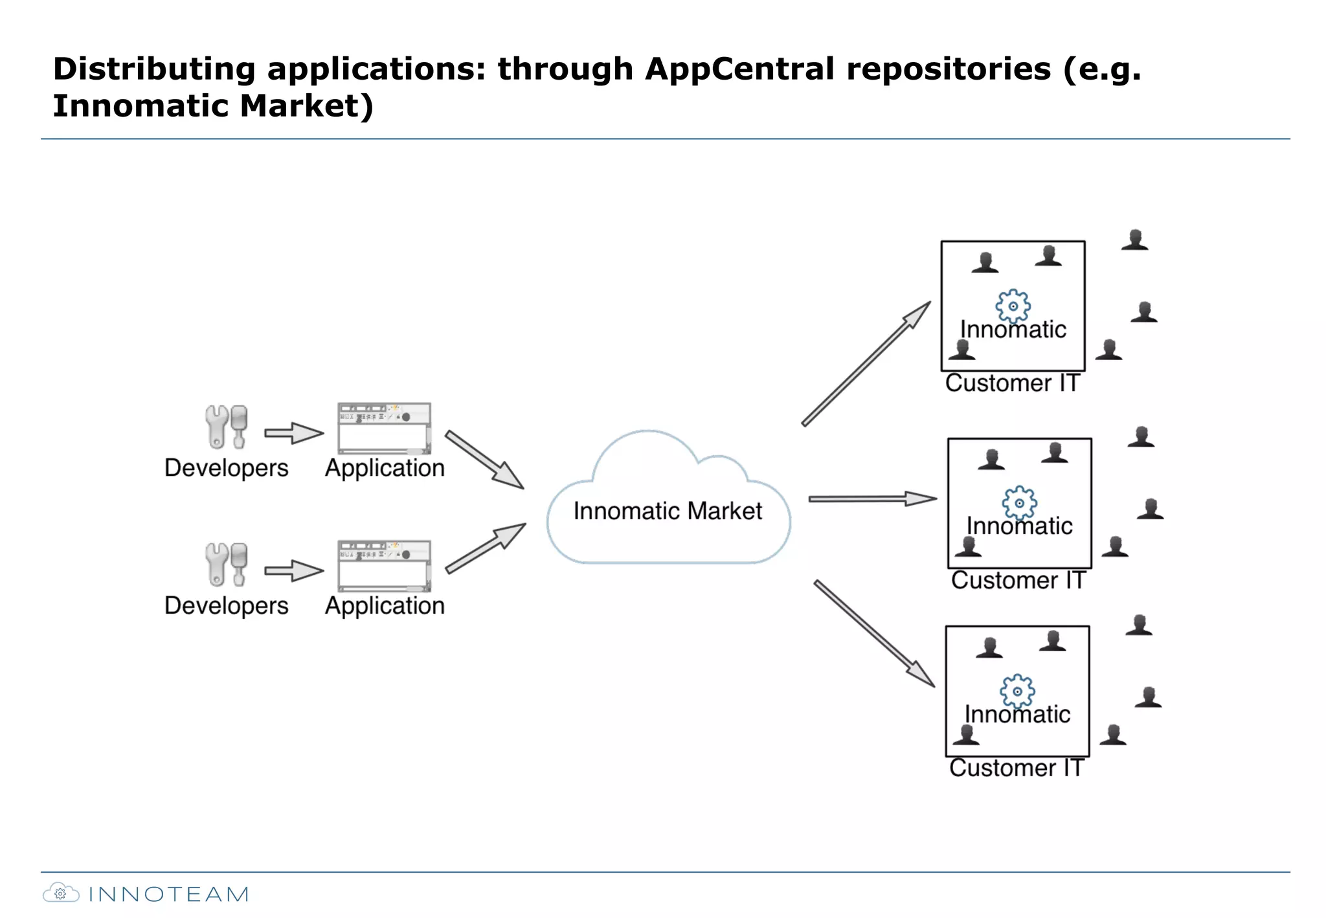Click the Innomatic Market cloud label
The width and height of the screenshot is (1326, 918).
pos(668,511)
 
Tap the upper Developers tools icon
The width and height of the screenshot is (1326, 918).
pos(227,427)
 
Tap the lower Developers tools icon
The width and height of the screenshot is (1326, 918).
pos(227,565)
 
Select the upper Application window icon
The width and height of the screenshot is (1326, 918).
pos(384,429)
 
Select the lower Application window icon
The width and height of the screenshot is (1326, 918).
pos(384,566)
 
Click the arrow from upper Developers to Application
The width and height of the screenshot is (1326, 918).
pos(293,433)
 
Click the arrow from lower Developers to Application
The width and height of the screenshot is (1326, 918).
pos(293,571)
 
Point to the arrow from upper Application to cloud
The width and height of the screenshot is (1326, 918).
pos(484,459)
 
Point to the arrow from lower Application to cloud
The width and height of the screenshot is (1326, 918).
pos(486,548)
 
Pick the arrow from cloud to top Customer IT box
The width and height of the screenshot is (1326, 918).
pos(866,364)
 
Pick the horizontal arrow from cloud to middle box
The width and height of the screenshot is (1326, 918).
pos(871,498)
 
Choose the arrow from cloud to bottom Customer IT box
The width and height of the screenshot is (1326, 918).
pos(874,633)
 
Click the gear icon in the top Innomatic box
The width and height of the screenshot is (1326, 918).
pos(1013,306)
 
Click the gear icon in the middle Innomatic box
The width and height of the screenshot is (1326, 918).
pos(1019,503)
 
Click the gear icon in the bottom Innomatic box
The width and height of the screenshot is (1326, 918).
pos(1017,691)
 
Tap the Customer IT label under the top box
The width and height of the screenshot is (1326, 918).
pos(1012,383)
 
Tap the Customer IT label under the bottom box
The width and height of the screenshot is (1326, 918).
pos(1016,768)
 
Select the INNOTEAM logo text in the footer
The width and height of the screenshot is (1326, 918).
pos(168,895)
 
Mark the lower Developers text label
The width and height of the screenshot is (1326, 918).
pos(226,606)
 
